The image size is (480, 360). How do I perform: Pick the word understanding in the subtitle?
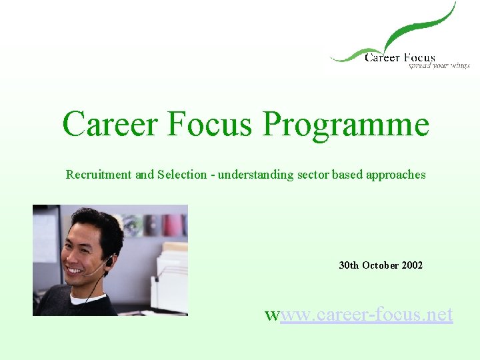tap(255, 175)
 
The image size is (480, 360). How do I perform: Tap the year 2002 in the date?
tap(411, 265)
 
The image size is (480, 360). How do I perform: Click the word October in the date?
tap(380, 265)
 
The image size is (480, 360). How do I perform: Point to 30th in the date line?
tap(349, 265)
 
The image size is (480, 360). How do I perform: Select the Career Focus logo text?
tap(399, 58)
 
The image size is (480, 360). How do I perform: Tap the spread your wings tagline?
tap(439, 66)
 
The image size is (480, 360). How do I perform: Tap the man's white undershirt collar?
tap(87, 299)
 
